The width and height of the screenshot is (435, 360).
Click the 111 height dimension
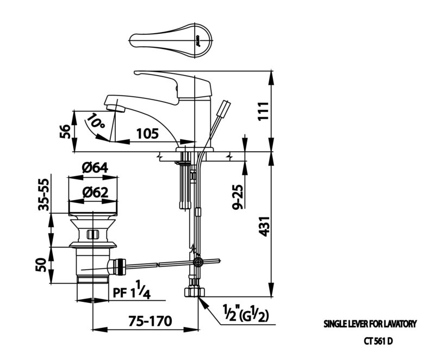[264, 111]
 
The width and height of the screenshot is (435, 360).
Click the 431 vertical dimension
[264, 226]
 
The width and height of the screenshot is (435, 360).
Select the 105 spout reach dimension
[147, 134]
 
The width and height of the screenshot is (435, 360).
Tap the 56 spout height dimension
[65, 132]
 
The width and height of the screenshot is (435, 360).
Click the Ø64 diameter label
[95, 168]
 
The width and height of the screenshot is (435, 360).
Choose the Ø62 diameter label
[96, 192]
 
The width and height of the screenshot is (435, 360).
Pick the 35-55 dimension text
[43, 195]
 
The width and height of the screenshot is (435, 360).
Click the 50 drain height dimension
[41, 265]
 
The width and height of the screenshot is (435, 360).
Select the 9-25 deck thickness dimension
[238, 197]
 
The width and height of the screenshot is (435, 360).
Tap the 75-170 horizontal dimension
[150, 321]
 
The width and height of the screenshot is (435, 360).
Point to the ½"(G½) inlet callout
[246, 313]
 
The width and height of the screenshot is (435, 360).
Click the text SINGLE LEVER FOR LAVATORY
[370, 324]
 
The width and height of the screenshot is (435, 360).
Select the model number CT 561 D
[378, 342]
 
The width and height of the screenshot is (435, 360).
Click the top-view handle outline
[171, 40]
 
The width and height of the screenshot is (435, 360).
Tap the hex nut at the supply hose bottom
[195, 292]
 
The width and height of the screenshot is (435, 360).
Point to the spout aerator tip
[115, 108]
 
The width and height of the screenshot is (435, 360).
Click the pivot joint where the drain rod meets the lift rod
[198, 261]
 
